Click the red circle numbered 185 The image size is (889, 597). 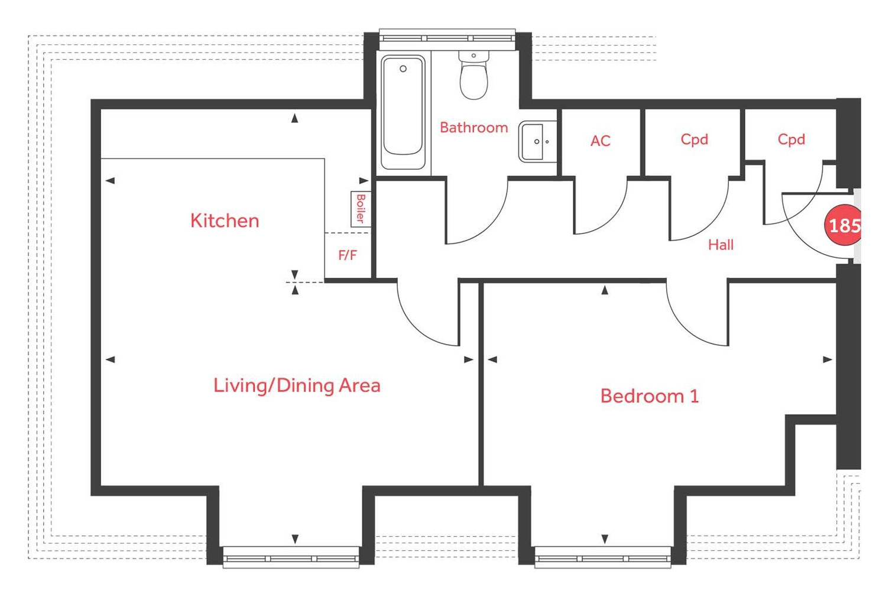(x=843, y=225)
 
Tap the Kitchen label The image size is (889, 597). (x=225, y=220)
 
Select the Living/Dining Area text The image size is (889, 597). (x=297, y=385)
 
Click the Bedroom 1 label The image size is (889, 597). (x=649, y=395)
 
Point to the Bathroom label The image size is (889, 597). (x=473, y=128)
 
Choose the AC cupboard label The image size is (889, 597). (x=600, y=141)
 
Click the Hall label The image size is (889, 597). (x=721, y=245)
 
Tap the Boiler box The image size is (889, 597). (x=360, y=209)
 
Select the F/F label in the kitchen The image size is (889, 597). (x=348, y=255)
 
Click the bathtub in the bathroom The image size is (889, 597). (x=403, y=112)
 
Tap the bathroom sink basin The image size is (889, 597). (x=537, y=141)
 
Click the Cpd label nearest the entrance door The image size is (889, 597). (x=791, y=139)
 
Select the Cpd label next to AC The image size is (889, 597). (x=694, y=139)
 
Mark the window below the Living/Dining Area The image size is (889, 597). (x=291, y=558)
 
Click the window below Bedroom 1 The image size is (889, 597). (x=602, y=558)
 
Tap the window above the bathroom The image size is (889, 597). (x=447, y=37)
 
